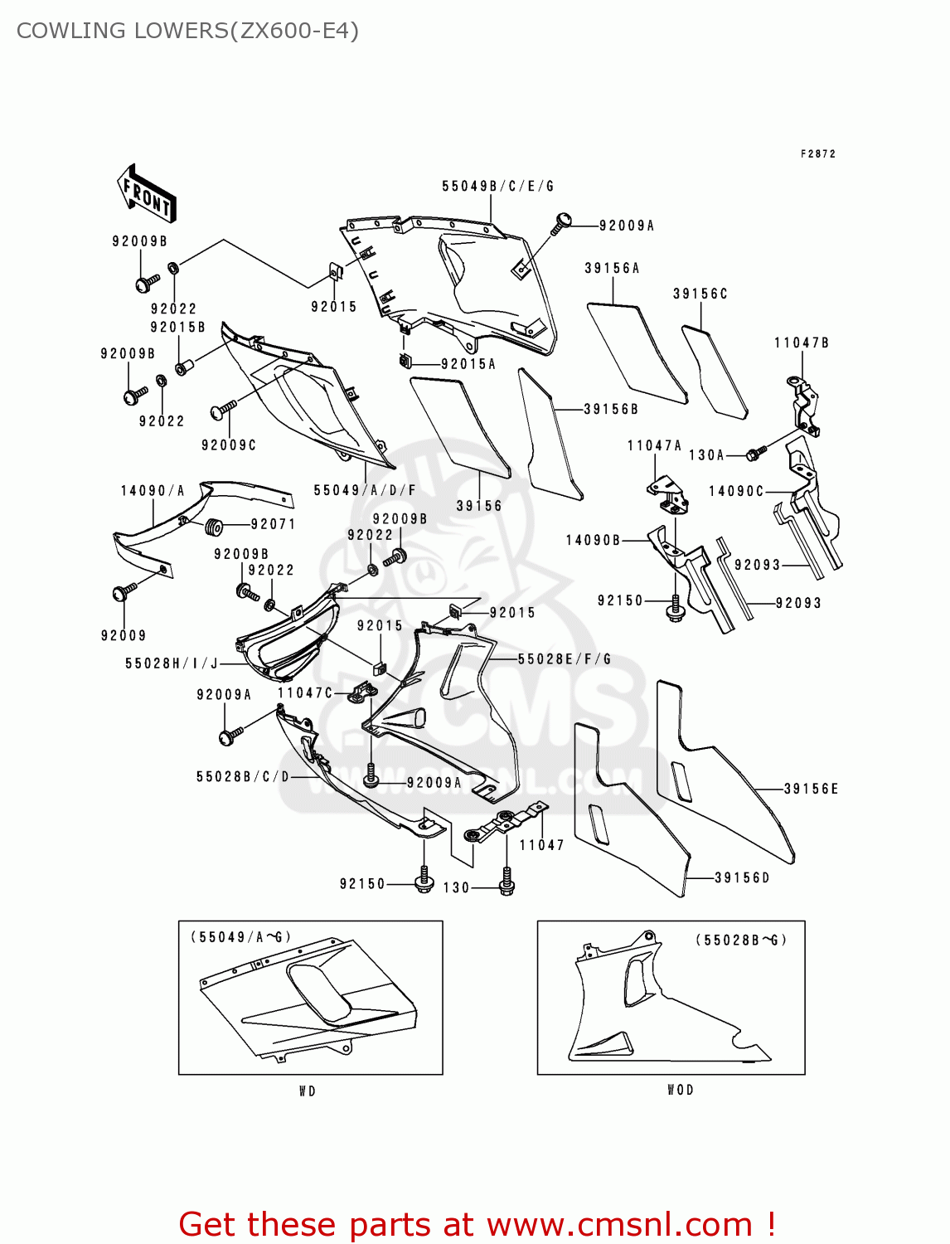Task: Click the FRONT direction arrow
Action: [x=147, y=193]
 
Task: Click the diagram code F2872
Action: [x=817, y=154]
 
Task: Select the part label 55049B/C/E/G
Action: [x=497, y=187]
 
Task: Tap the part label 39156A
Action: [x=612, y=269]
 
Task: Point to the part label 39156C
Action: [x=700, y=294]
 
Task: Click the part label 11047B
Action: [x=801, y=343]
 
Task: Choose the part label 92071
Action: [x=273, y=524]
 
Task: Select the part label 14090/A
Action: [x=153, y=491]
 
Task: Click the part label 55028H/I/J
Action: [x=172, y=663]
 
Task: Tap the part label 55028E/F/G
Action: [x=564, y=659]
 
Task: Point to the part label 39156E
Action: [x=811, y=790]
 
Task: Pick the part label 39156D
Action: [x=742, y=878]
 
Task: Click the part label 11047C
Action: [x=304, y=693]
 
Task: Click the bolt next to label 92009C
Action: [x=223, y=409]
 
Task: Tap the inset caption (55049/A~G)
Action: [x=240, y=937]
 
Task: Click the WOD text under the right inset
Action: [x=680, y=1090]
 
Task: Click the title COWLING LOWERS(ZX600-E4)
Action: [x=187, y=31]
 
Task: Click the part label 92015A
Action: [x=468, y=364]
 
